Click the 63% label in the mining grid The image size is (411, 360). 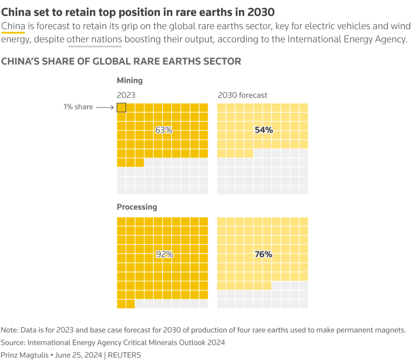point(163,130)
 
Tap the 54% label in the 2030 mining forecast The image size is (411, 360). point(264,130)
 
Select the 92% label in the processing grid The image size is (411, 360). point(165,254)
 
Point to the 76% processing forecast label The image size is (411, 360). point(263,254)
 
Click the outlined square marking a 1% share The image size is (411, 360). point(121,107)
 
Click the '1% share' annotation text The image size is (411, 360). point(78,107)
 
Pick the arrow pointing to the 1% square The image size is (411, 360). point(106,107)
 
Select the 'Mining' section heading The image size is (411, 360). point(130,80)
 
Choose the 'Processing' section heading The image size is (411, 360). point(137,207)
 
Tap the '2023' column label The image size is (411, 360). point(126,95)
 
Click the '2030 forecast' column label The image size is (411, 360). point(242,95)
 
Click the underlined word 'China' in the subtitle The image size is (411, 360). point(13,27)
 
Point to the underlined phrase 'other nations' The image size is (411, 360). point(95,40)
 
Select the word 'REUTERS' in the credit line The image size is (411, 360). point(124,355)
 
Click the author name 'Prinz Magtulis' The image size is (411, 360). point(25,355)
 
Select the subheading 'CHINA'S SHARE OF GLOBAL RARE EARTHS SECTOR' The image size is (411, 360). point(121,61)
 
